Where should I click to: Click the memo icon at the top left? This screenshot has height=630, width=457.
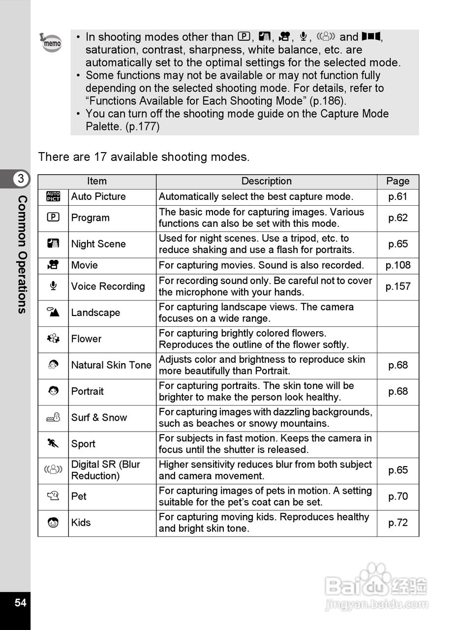(x=51, y=43)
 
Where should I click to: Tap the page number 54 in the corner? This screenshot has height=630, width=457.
(x=20, y=602)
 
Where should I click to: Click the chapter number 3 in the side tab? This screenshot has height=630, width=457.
(x=21, y=179)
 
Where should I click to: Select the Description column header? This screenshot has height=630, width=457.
(x=267, y=181)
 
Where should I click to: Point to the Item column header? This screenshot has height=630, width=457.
(x=97, y=181)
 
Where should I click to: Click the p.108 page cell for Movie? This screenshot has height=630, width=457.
(x=397, y=265)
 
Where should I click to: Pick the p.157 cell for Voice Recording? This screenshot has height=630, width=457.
(x=397, y=286)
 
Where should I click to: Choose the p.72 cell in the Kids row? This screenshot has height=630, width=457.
(x=397, y=523)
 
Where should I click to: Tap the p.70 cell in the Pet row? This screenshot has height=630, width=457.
(x=397, y=497)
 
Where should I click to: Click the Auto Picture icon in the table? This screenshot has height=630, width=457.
(x=53, y=197)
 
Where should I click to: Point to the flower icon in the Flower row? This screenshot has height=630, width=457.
(x=53, y=339)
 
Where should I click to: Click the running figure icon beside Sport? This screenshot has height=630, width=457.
(x=53, y=443)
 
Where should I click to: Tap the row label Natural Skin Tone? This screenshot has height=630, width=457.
(x=111, y=365)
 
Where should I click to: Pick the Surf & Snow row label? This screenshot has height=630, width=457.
(x=99, y=418)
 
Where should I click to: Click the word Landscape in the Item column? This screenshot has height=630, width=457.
(x=95, y=313)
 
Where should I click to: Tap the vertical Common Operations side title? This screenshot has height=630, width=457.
(x=22, y=254)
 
